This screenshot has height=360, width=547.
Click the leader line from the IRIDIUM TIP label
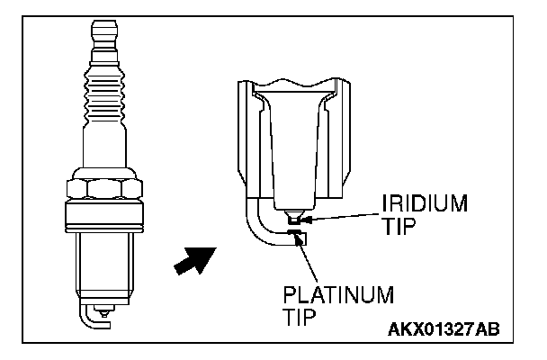tap(342, 213)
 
